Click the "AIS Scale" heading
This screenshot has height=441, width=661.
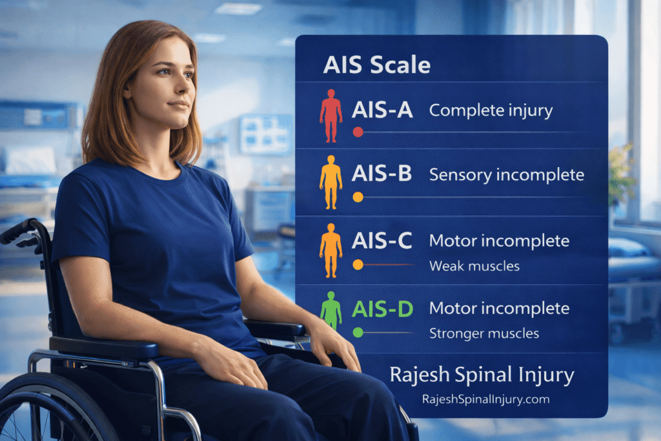coord(377,65)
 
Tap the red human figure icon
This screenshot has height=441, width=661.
coord(331,116)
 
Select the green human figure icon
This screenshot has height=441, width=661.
coord(331,311)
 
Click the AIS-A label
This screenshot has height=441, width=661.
coord(382,110)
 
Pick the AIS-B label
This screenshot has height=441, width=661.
coord(382,174)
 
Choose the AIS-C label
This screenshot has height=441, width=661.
coord(382,241)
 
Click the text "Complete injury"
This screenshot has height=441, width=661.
coord(491,110)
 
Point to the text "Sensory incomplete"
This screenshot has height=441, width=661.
coord(506,174)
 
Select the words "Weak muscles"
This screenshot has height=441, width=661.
coord(474,265)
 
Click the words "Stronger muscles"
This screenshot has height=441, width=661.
coord(484,333)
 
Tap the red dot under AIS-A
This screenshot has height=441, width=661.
coord(358,132)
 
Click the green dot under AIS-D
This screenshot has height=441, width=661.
coord(358,332)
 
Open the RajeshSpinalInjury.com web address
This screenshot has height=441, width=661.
coord(485,399)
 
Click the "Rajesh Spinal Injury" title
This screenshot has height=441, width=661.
coord(482,374)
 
